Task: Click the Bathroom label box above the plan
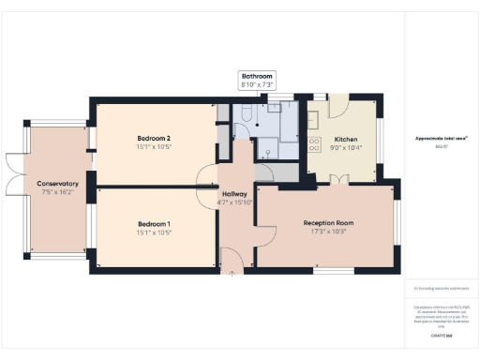coord(257,81)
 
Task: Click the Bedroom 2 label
coord(153,137)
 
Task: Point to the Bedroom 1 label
coord(153,224)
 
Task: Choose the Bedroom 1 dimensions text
coord(153,233)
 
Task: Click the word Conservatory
coord(57,183)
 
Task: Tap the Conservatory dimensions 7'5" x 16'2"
coord(57,192)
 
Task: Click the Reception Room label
coord(325,221)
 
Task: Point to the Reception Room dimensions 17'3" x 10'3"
coord(325,231)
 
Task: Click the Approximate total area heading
coord(442,139)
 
